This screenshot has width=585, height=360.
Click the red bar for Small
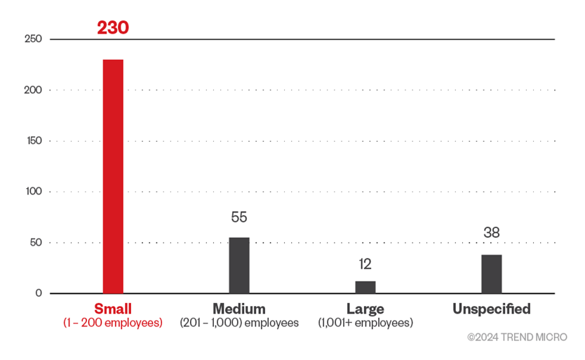pos(113,176)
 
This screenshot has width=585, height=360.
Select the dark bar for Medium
pos(239,265)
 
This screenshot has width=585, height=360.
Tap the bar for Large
pos(365,287)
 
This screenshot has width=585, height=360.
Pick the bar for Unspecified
pos(492,274)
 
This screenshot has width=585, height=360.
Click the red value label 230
pos(113,29)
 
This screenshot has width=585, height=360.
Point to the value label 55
pos(239,218)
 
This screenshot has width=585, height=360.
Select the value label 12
pos(365,264)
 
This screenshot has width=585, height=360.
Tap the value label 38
pos(492,233)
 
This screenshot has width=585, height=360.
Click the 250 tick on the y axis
pos(34,39)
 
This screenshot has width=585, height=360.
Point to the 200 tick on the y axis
pos(34,90)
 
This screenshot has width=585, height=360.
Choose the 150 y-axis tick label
pos(34,140)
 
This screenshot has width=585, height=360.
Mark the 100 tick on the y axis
pos(34,192)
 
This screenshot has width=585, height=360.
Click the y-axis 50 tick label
pos(36,242)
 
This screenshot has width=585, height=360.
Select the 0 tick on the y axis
pos(39,293)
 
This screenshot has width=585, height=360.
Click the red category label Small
pos(113,309)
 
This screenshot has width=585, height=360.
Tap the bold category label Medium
pos(239,309)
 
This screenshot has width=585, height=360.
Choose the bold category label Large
pos(365,309)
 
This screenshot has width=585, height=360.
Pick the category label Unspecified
pos(491,309)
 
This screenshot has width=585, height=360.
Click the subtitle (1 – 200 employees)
pos(113,323)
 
